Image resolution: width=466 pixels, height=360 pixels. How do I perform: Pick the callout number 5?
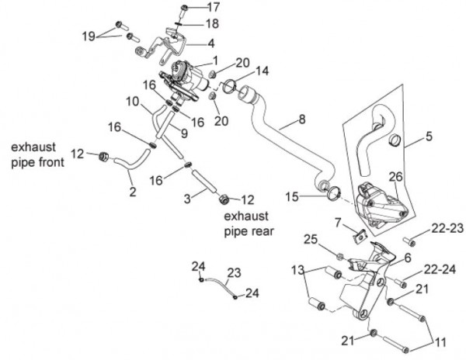(x=429, y=141)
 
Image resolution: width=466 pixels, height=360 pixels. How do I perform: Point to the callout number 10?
(x=133, y=102)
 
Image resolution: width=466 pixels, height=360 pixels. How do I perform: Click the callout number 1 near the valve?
(x=214, y=59)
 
